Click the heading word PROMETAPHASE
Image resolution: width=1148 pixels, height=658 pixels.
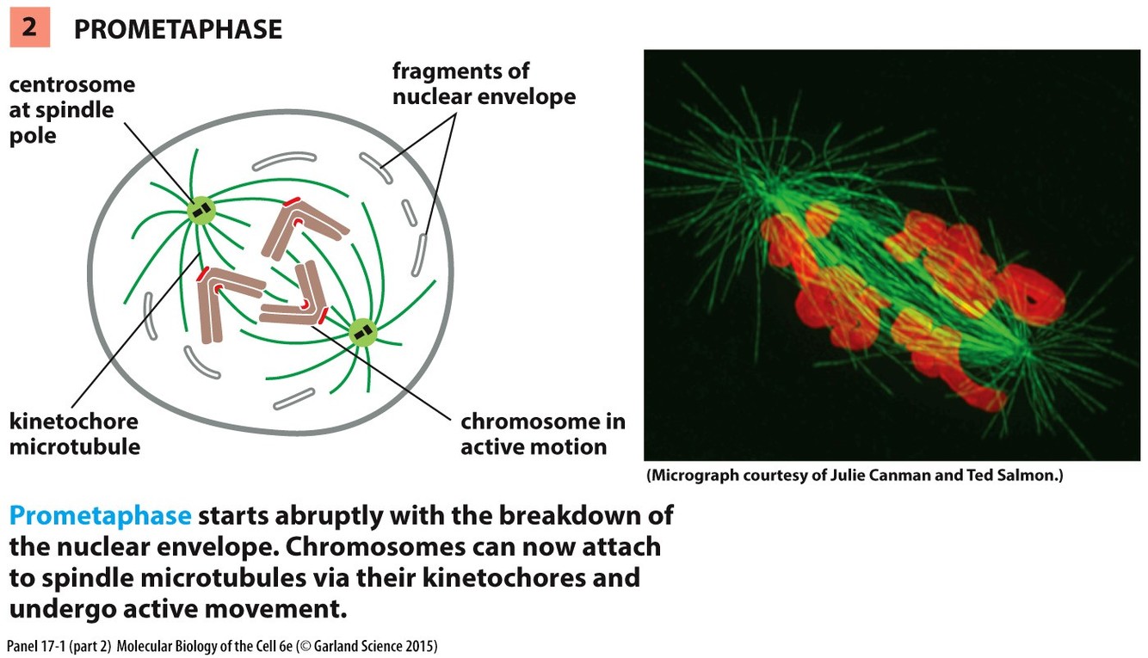pos(177,29)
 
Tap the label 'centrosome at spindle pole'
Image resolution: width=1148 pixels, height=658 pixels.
pos(71,110)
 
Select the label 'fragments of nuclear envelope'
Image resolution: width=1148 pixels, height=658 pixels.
pos(484,83)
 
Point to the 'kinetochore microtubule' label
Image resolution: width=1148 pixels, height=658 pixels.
pos(74,434)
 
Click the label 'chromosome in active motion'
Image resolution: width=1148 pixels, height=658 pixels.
pos(542,434)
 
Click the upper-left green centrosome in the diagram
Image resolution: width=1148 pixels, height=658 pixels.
pos(201,210)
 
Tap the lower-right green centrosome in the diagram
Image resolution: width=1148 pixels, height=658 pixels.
pos(362,331)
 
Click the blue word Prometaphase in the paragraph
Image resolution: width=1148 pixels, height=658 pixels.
pos(100,516)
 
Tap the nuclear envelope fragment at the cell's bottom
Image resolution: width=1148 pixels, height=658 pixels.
pos(293,397)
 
